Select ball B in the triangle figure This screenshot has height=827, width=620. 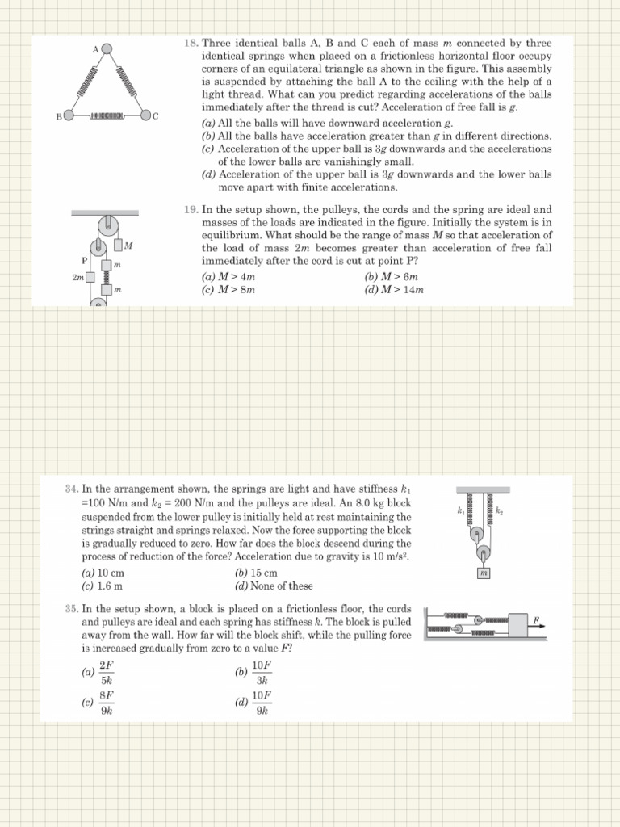pos(69,115)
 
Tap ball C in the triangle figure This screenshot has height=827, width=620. pos(145,115)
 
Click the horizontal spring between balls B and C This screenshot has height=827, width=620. pos(107,115)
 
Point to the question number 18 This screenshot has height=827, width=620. pos(191,42)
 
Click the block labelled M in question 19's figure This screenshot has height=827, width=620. pos(119,245)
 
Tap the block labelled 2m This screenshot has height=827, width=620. pos(90,277)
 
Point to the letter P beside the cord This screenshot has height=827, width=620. pos(84,260)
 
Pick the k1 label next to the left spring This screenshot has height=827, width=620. pos(460,510)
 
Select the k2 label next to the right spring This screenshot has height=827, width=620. pos(499,510)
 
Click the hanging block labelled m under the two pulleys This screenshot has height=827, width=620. pos(484,573)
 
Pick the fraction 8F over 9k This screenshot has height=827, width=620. pos(106,703)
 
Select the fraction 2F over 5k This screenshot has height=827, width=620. pos(106,672)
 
